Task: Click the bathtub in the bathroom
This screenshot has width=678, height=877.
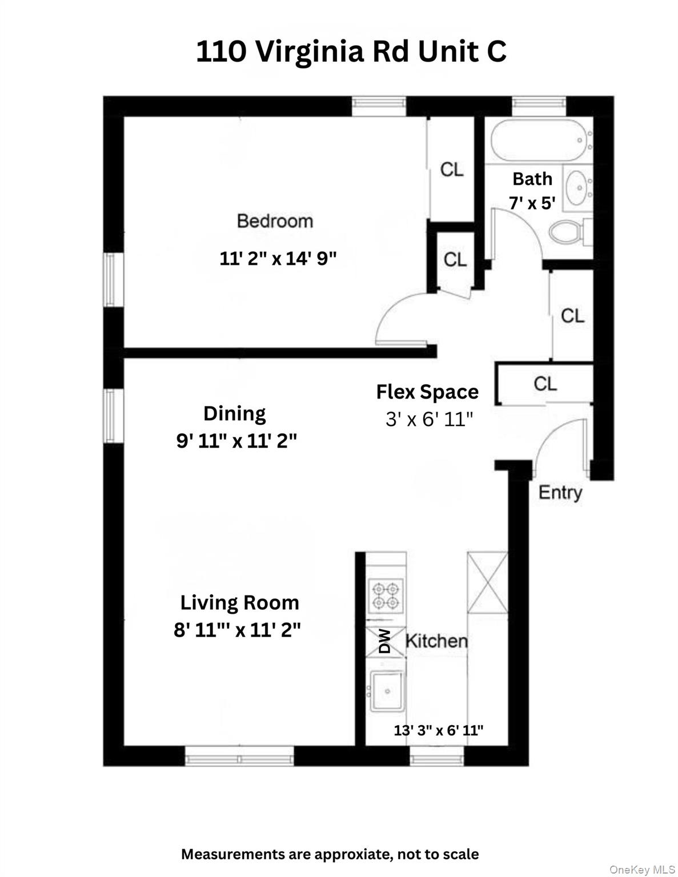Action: pyautogui.click(x=539, y=140)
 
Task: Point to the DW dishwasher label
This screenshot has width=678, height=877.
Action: pyautogui.click(x=385, y=641)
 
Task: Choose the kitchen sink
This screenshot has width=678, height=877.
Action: pyautogui.click(x=387, y=691)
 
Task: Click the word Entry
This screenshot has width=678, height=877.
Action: pyautogui.click(x=560, y=492)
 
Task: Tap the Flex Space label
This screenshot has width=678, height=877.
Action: pyautogui.click(x=427, y=392)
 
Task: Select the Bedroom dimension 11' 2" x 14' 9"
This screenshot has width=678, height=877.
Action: pyautogui.click(x=278, y=259)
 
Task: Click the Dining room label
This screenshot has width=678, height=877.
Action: pyautogui.click(x=235, y=413)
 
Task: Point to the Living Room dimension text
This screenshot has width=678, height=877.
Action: pyautogui.click(x=237, y=630)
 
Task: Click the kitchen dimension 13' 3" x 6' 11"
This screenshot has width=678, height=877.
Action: pyautogui.click(x=439, y=730)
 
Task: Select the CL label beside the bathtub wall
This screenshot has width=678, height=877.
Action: pyautogui.click(x=452, y=169)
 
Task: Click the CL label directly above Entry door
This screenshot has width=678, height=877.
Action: pyautogui.click(x=545, y=384)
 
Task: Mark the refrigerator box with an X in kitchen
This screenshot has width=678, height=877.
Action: pyautogui.click(x=487, y=582)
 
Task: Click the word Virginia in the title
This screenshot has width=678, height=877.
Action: pyautogui.click(x=309, y=52)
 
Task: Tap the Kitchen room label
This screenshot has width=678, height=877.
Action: pyautogui.click(x=436, y=641)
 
